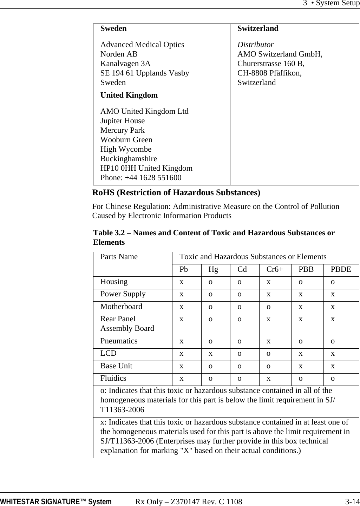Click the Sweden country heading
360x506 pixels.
click(113, 28)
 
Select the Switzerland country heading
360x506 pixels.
click(258, 28)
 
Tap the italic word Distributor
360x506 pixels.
click(255, 45)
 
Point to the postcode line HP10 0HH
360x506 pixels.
click(146, 168)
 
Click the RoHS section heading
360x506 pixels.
click(176, 193)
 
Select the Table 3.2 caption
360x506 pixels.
click(214, 237)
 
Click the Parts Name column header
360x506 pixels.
click(119, 257)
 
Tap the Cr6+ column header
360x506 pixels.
click(275, 269)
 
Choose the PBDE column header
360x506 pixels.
click(341, 269)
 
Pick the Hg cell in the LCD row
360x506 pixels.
click(211, 354)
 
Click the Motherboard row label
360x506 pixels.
click(121, 307)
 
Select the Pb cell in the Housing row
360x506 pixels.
click(182, 282)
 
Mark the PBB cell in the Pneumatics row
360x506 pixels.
click(301, 341)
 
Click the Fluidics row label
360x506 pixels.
click(113, 378)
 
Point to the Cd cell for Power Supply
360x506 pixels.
click(240, 294)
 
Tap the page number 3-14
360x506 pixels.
click(352, 502)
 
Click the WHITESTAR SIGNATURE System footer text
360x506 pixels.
click(56, 502)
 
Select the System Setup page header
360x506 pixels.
click(331, 4)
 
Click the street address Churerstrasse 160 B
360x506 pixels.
click(271, 64)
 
